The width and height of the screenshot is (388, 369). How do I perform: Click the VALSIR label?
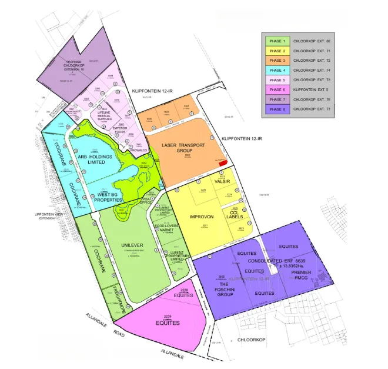(222, 182)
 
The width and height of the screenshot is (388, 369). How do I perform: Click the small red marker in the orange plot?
(222, 162)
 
